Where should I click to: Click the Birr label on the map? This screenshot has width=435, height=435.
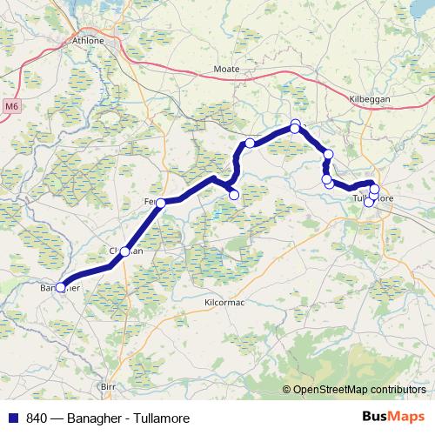[x=109, y=385]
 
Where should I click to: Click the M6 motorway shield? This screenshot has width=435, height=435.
[x=11, y=106]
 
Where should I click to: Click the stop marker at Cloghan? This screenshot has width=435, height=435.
[x=124, y=251]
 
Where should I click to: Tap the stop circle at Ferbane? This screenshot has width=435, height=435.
[x=161, y=203]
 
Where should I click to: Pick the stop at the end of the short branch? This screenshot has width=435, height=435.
[x=233, y=195]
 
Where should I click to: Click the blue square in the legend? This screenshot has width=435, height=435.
[x=11, y=418]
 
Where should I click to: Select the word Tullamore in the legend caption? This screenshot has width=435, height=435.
[x=160, y=418]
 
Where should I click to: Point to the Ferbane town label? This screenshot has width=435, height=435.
[x=153, y=201]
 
